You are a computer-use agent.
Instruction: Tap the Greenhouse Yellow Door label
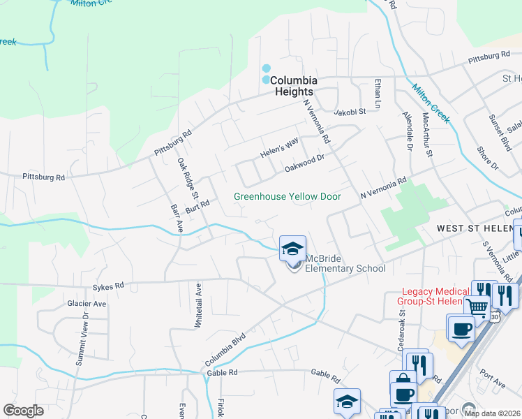pyautogui.click(x=288, y=197)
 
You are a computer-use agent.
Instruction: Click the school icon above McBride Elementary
pyautogui.click(x=293, y=247)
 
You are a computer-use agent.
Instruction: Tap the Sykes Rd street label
pyautogui.click(x=108, y=286)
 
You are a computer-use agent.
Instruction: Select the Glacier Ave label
pyautogui.click(x=87, y=304)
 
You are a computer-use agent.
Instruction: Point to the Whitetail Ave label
pyautogui.click(x=199, y=306)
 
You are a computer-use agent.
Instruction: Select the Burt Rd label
pyautogui.click(x=197, y=208)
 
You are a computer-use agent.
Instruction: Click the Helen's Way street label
pyautogui.click(x=279, y=147)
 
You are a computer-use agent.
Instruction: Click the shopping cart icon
pyautogui.click(x=477, y=306)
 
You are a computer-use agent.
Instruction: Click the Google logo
pyautogui.click(x=23, y=410)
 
